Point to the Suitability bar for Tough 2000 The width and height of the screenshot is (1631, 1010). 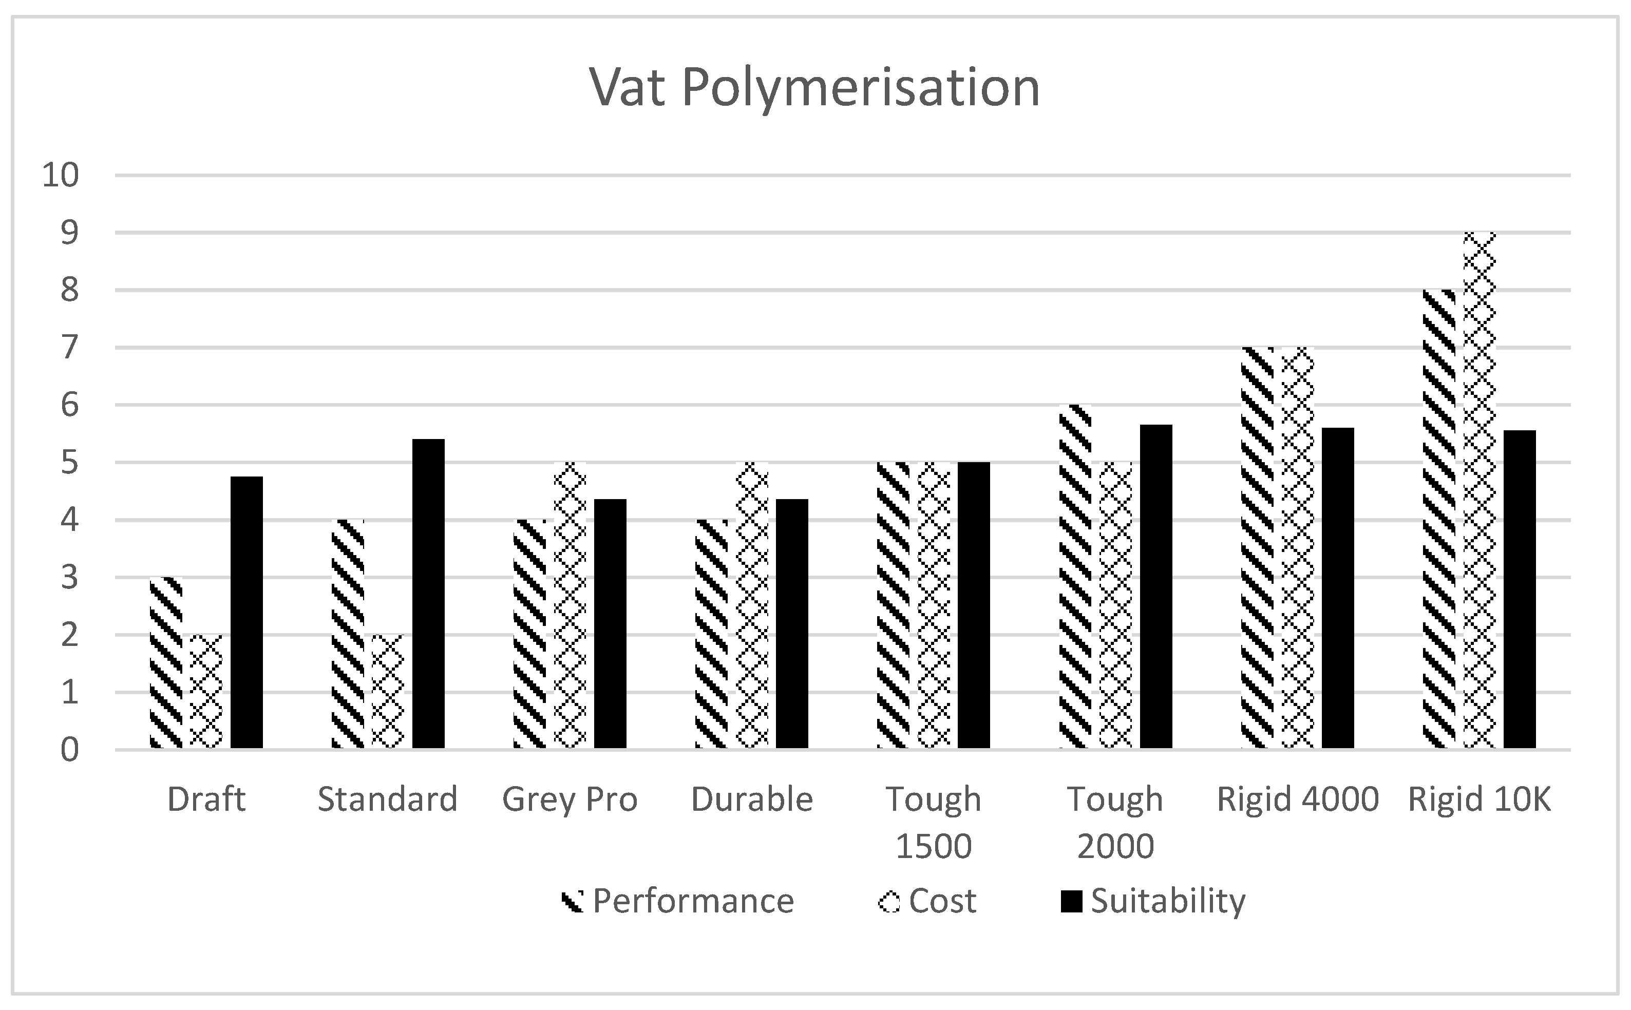pyautogui.click(x=1155, y=586)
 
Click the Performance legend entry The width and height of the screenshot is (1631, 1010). pyautogui.click(x=678, y=901)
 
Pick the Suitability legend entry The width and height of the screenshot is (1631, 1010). pyautogui.click(x=1153, y=901)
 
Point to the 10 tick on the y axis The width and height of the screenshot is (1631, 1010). pyautogui.click(x=61, y=175)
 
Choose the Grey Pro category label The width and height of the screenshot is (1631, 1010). pyautogui.click(x=570, y=799)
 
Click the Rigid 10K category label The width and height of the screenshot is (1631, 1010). pyautogui.click(x=1480, y=799)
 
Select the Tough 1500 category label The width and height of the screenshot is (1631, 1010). pyautogui.click(x=934, y=822)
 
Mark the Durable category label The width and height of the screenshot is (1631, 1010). pyautogui.click(x=752, y=799)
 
